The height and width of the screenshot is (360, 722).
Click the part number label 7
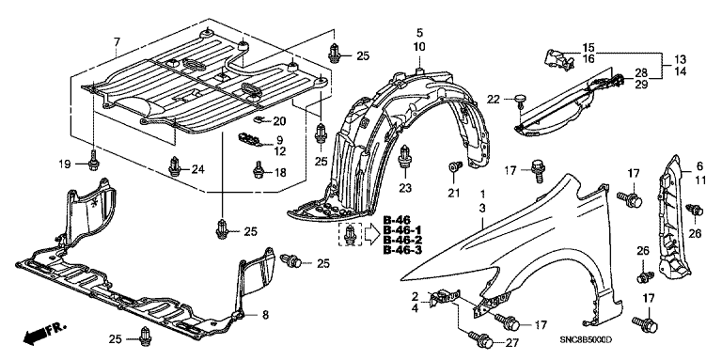coord(117,42)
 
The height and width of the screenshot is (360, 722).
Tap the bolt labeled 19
coord(93,161)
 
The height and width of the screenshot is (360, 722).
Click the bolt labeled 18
coord(259,170)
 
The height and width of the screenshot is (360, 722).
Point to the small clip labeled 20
coord(259,119)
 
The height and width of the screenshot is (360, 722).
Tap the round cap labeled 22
coord(520,102)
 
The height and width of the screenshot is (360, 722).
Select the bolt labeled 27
coord(480,339)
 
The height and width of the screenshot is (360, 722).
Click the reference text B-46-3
coord(402,250)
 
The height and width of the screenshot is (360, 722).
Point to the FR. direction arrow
coord(44,333)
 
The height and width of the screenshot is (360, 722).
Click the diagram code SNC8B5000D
coord(587,339)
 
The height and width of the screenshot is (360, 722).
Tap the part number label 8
coord(265,315)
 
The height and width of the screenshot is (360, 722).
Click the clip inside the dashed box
coord(351,233)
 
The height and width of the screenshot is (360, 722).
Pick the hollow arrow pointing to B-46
coord(371,234)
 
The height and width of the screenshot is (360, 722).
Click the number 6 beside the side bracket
coord(699,166)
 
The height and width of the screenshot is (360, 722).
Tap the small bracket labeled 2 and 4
coord(444,297)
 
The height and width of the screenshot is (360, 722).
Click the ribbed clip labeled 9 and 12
coord(249,139)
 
